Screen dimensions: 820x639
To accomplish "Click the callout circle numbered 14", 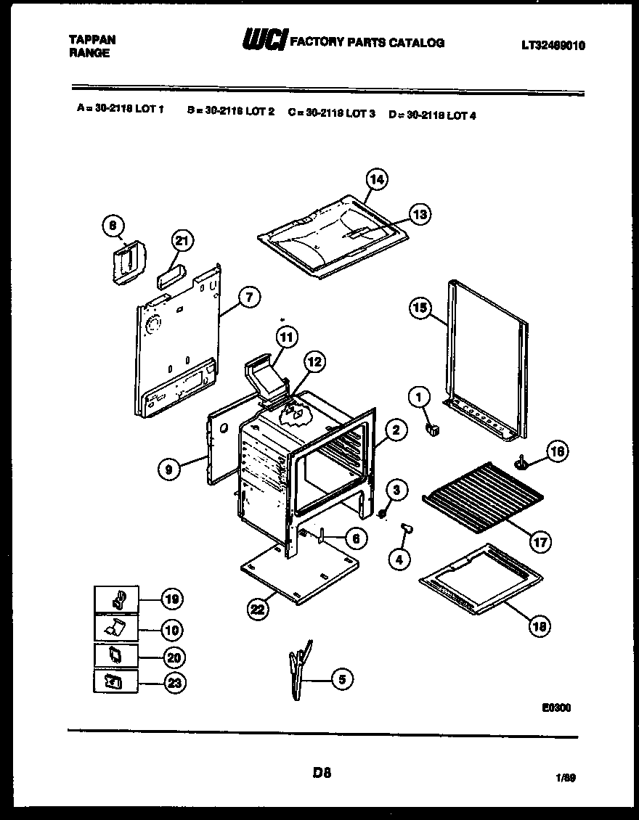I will tap(377, 179).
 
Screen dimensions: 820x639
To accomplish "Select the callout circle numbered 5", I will tap(342, 679).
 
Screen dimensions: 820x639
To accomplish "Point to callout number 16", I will tap(556, 451).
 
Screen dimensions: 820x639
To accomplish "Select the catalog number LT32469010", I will tap(553, 45).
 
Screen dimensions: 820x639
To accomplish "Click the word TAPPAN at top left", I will tap(91, 39).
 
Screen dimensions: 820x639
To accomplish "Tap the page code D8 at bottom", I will tap(322, 773).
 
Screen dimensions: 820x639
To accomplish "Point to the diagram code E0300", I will tap(555, 708).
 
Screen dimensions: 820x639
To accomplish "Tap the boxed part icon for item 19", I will tap(116, 599).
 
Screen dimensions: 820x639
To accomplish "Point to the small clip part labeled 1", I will tap(433, 431).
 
